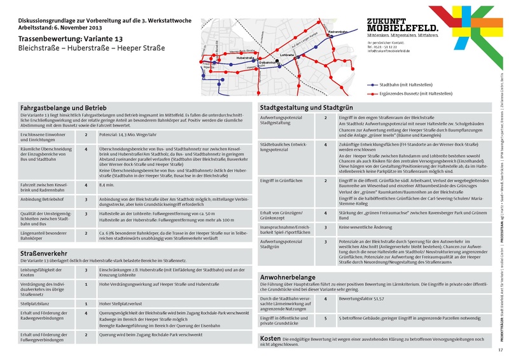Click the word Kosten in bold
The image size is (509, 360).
pos(271,338)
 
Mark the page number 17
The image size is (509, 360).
pos(500,350)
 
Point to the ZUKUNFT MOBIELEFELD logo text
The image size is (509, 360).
pos(402,25)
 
